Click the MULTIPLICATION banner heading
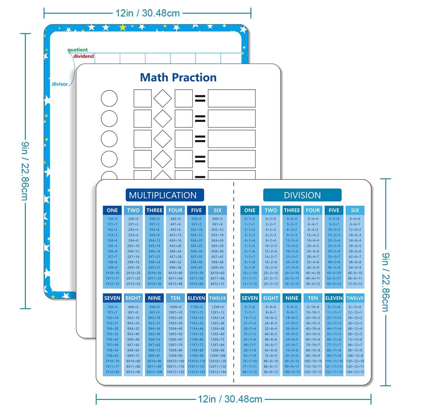[163, 195]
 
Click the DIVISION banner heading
[302, 195]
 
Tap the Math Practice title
[178, 78]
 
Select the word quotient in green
[78, 50]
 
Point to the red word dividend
[84, 56]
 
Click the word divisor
[59, 84]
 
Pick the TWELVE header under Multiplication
[217, 298]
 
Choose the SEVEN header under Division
[250, 298]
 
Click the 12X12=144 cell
[217, 372]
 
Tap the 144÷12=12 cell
[355, 372]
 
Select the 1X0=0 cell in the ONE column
[112, 219]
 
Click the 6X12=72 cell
[217, 284]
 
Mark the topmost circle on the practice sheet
[109, 99]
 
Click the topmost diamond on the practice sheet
[163, 99]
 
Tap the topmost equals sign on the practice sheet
[200, 99]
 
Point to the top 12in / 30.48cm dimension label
[148, 13]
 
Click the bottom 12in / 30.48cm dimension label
[230, 399]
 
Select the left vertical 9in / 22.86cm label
[25, 171]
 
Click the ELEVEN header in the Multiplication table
[197, 298]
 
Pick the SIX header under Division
[355, 210]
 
